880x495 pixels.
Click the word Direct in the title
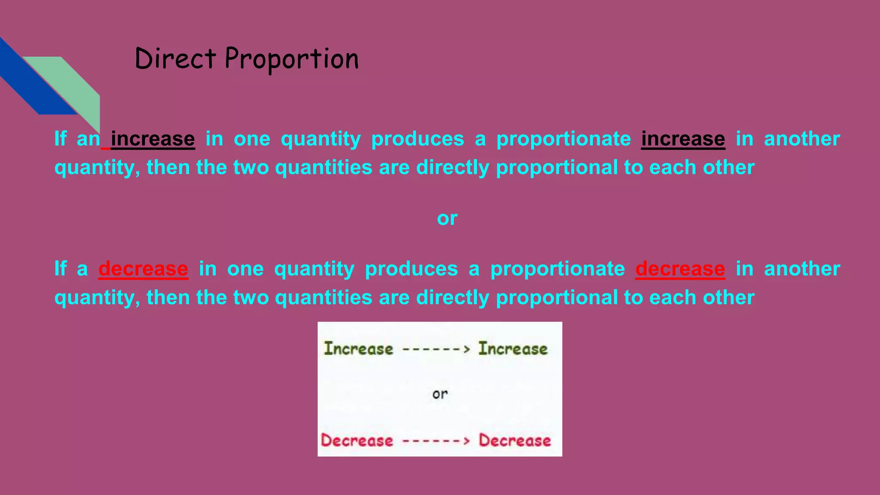point(175,58)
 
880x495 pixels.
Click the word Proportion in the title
point(292,59)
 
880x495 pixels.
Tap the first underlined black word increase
point(153,139)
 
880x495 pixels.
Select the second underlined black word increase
point(683,139)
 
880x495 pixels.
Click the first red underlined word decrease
point(143,269)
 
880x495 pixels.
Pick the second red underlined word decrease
point(680,269)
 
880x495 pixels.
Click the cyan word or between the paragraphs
point(447,218)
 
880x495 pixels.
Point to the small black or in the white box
point(440,394)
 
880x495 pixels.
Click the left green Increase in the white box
point(358,348)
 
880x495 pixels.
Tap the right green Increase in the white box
point(513,348)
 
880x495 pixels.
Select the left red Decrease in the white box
point(357,440)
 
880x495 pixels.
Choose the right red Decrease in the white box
point(515,440)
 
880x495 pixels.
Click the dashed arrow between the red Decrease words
point(436,441)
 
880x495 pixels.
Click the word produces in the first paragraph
point(418,139)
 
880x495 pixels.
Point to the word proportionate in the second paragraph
point(557,269)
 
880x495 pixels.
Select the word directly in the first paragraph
point(452,167)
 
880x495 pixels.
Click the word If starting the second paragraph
point(61,269)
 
